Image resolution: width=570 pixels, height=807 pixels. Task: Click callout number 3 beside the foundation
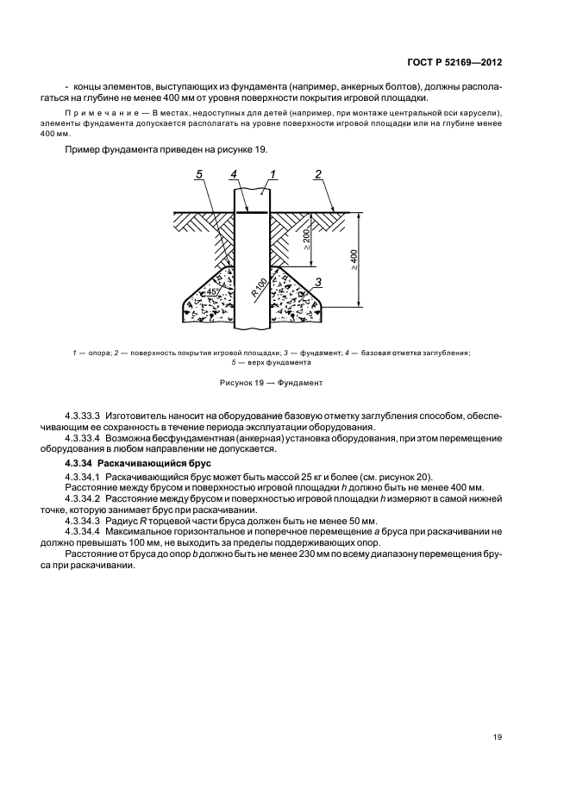pyautogui.click(x=318, y=282)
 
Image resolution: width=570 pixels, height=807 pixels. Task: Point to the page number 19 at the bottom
pyautogui.click(x=498, y=736)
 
